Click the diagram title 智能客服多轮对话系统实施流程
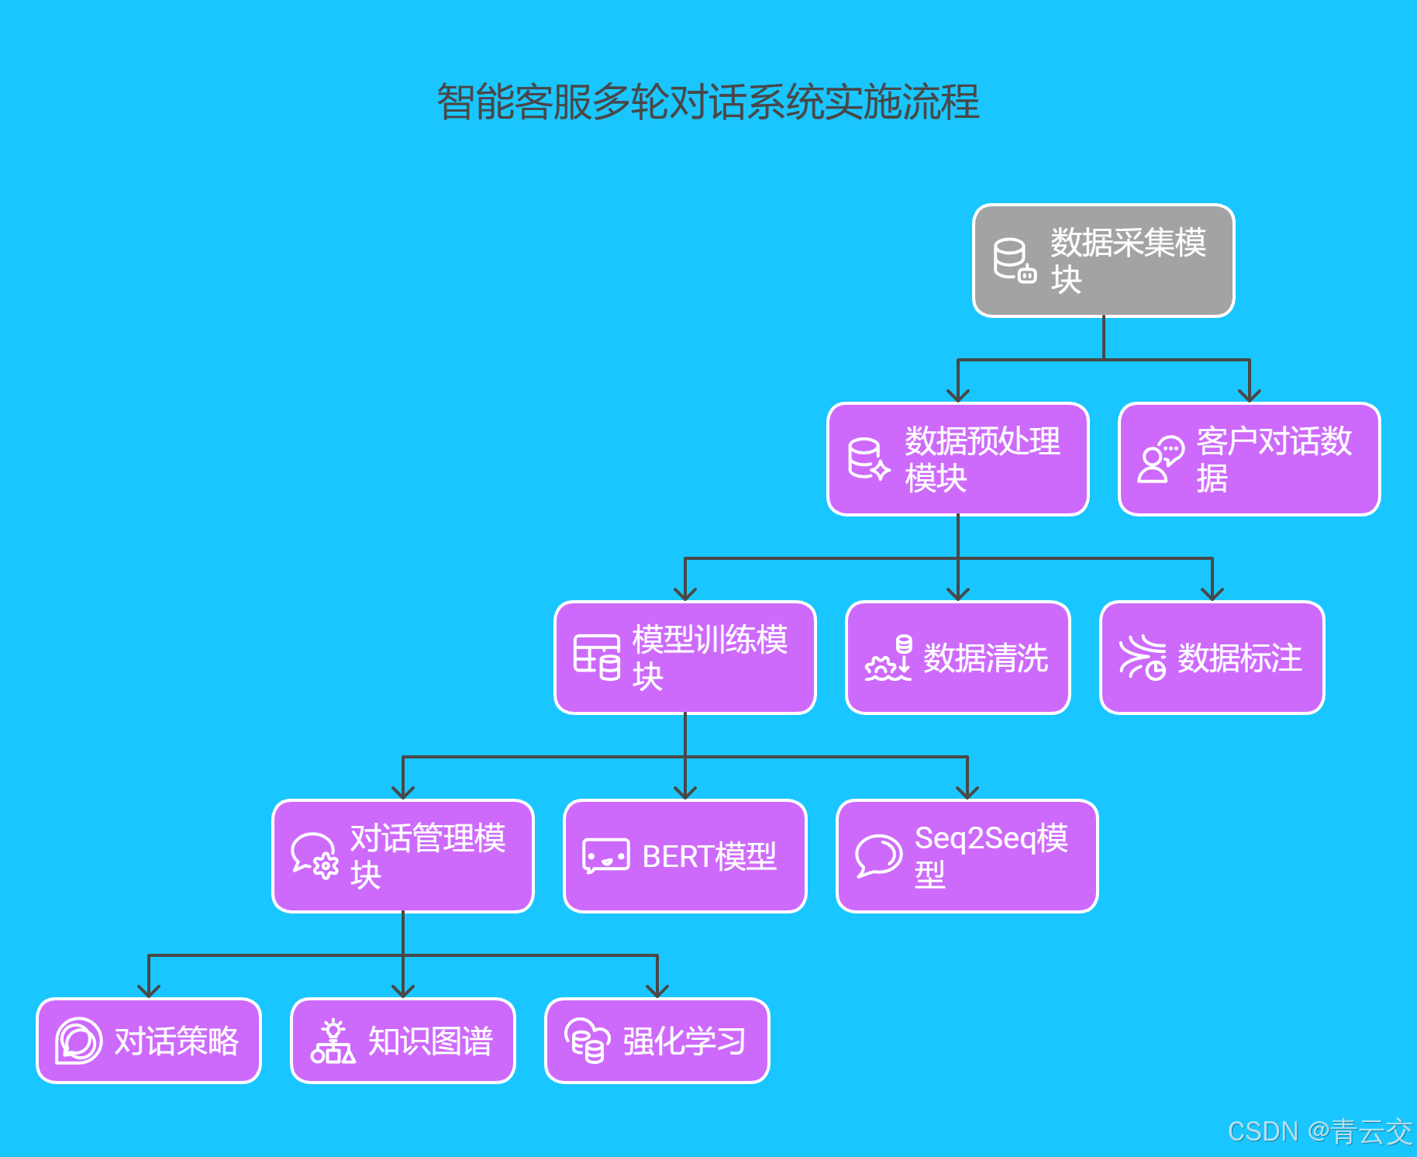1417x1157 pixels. point(708,102)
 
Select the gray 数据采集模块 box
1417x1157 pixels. point(1103,261)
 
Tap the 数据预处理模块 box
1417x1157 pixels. point(958,459)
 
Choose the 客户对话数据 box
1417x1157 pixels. point(1249,459)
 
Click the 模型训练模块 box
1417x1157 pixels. point(685,658)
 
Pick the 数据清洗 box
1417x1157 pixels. point(958,658)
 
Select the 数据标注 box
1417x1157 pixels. point(1212,658)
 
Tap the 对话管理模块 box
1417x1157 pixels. point(403,856)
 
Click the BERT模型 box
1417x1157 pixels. point(685,856)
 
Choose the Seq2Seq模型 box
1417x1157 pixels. point(967,856)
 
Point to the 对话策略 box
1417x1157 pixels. point(149,1041)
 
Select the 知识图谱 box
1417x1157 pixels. point(403,1041)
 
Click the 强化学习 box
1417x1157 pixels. point(657,1041)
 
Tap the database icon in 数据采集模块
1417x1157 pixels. point(1014,261)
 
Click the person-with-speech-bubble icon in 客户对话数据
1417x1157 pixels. point(1160,459)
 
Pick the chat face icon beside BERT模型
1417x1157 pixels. point(605,856)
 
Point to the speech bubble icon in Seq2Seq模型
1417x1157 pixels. point(878,856)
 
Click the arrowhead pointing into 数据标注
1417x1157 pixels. point(1212,594)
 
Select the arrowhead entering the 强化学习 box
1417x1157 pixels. point(657,991)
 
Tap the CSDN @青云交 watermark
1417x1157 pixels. point(1320,1131)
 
